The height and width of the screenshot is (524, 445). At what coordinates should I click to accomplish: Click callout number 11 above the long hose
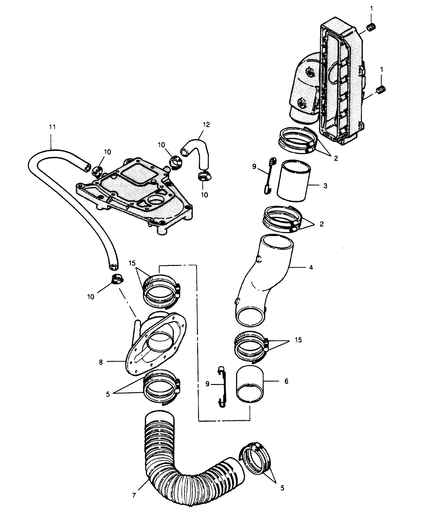tap(52, 127)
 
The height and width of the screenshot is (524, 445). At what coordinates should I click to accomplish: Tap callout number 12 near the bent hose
tap(206, 125)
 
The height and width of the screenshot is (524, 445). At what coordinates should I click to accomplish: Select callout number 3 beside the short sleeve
tap(325, 186)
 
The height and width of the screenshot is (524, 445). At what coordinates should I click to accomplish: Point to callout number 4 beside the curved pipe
tap(311, 267)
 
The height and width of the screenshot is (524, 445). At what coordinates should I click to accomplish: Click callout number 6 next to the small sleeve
tap(286, 381)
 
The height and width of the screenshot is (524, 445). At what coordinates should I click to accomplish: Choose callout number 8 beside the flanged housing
tap(101, 362)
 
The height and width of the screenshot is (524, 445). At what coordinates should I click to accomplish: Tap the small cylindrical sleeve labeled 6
tap(250, 384)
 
